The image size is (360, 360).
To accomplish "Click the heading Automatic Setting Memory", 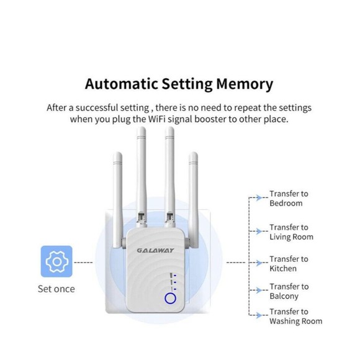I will coord(179,84).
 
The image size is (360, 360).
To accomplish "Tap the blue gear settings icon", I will coord(56,261).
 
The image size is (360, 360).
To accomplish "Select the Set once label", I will coord(56,289).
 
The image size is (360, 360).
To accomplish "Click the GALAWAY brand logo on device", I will coord(155,251).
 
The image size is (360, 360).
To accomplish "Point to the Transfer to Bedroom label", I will coord(288,199).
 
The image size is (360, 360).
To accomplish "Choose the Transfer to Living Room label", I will coord(290,232).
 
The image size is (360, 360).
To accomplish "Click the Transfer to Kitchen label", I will coord(288,264).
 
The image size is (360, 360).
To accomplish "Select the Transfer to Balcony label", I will coord(288,292).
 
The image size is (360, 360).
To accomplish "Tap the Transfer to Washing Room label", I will coord(295,317).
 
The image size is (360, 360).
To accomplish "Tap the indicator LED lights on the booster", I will coord(174,281).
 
